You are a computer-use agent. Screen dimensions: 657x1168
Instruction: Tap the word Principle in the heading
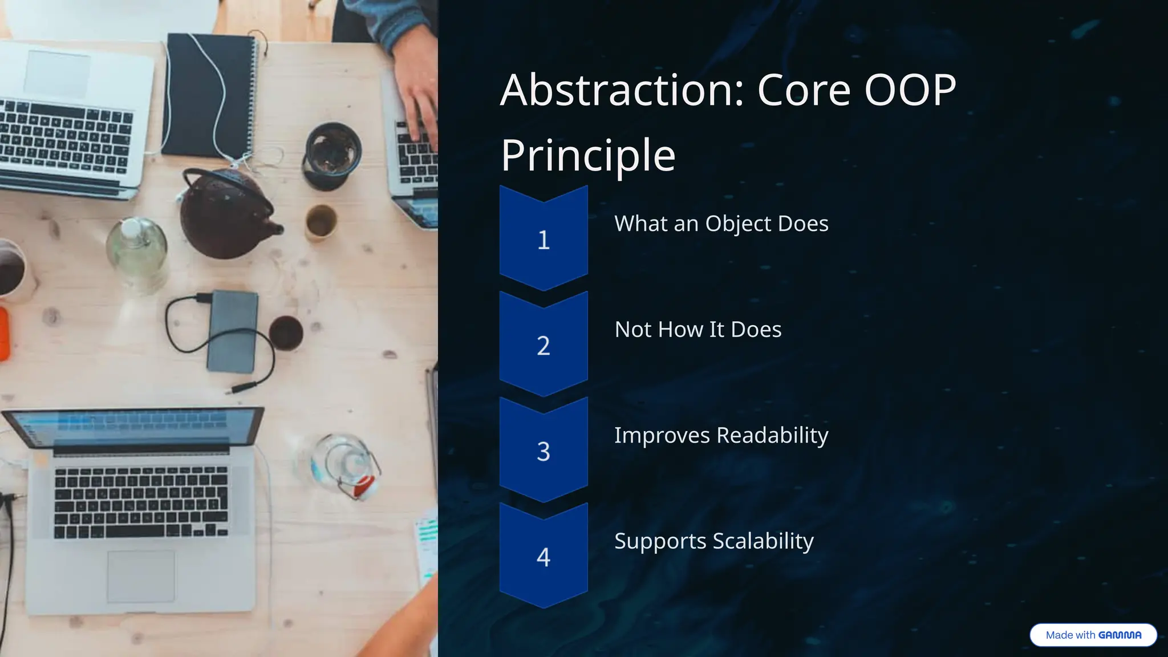(588, 155)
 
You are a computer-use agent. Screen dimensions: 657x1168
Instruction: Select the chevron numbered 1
(544, 240)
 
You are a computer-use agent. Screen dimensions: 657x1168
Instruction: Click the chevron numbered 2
(544, 345)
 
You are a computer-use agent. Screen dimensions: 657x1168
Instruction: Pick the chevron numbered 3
(544, 451)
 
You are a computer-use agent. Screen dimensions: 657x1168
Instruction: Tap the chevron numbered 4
(544, 556)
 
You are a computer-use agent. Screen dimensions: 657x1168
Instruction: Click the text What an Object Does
(721, 224)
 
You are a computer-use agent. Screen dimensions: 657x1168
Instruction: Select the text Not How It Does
(697, 330)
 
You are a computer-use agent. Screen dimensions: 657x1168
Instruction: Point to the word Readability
(772, 435)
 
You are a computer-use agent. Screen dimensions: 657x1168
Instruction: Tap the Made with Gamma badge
(1093, 635)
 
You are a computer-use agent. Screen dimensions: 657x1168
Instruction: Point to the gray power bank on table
(232, 331)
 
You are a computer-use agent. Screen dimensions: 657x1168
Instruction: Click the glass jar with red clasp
(342, 465)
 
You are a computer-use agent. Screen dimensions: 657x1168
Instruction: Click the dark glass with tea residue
(332, 154)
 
